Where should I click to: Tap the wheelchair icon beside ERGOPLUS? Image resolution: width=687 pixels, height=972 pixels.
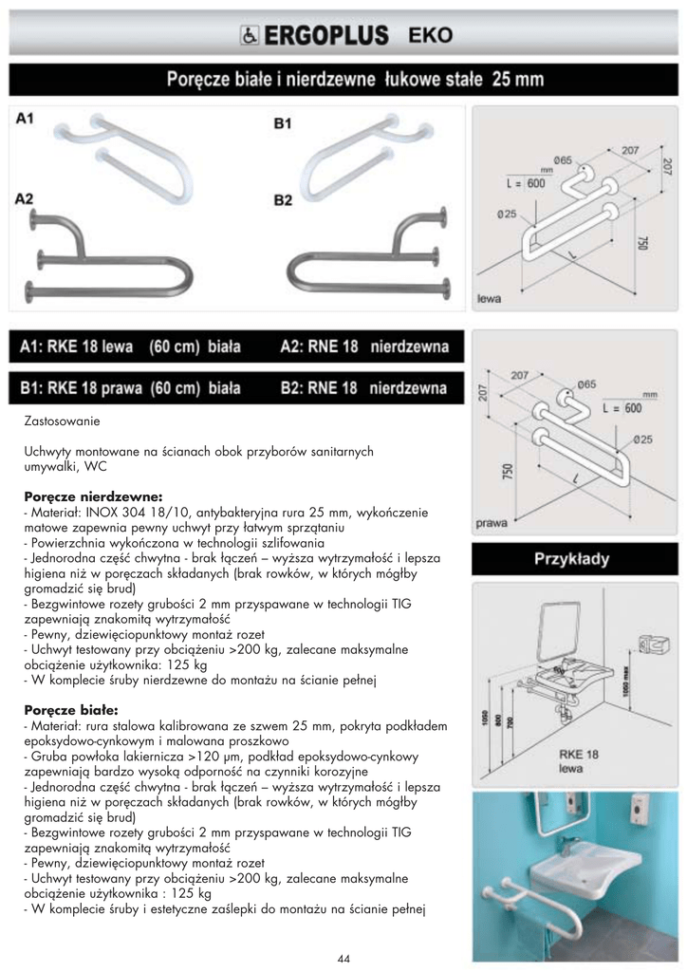245,36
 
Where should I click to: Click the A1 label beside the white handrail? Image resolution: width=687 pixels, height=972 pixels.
26,119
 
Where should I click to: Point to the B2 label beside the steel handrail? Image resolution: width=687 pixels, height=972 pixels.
283,200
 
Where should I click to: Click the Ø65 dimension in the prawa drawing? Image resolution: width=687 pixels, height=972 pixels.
585,384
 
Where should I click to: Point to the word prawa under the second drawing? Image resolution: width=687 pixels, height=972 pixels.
492,522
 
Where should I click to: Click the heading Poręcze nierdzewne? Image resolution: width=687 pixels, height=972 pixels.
93,495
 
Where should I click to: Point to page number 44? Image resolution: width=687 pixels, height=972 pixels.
343,959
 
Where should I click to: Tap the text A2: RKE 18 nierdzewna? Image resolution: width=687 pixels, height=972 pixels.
363,347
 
